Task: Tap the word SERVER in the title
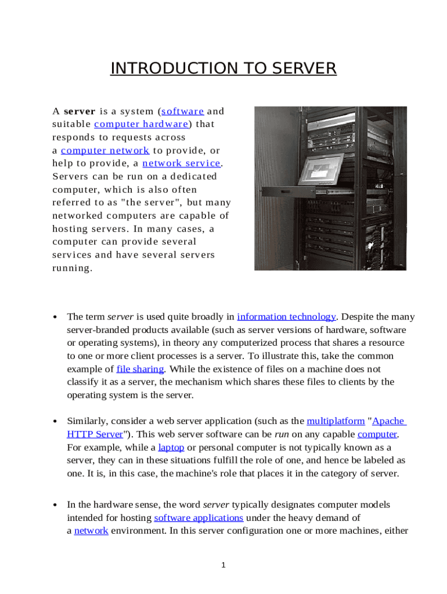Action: (301, 68)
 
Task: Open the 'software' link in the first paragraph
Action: (182, 111)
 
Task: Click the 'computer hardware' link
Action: (141, 124)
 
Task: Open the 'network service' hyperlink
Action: (181, 164)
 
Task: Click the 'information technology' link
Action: (286, 317)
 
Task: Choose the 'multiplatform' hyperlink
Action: (336, 421)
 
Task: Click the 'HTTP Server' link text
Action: (95, 434)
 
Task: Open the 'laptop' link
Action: (171, 447)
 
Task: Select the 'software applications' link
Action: (199, 517)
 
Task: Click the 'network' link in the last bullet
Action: (91, 531)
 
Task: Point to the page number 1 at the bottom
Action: (223, 566)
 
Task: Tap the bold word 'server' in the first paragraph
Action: (80, 111)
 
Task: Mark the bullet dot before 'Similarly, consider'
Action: (54, 422)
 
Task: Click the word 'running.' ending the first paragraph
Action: (72, 268)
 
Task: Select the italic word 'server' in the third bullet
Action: (216, 505)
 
